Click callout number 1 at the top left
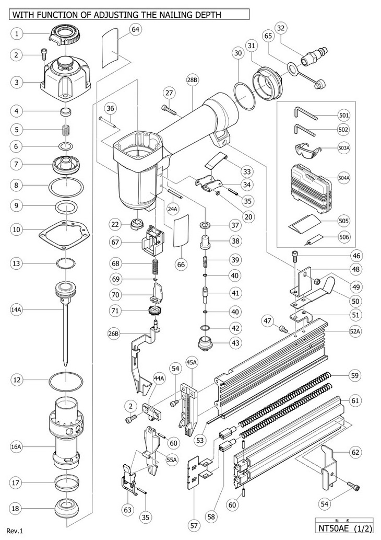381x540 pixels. point(17,34)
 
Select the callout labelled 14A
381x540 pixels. point(17,309)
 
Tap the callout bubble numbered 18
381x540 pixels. point(17,508)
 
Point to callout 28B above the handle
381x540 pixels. point(192,80)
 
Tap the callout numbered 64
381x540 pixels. point(135,30)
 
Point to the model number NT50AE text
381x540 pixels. point(336,529)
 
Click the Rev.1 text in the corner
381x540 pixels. point(15,531)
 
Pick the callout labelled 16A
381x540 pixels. point(17,447)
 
